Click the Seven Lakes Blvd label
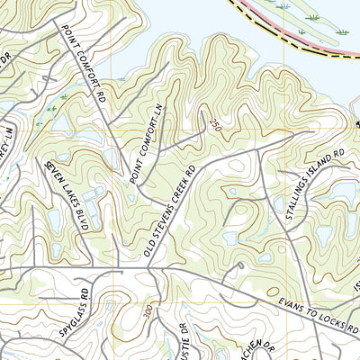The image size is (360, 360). pyautogui.click(x=64, y=196)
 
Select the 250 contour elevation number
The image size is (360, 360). pyautogui.click(x=214, y=123)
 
